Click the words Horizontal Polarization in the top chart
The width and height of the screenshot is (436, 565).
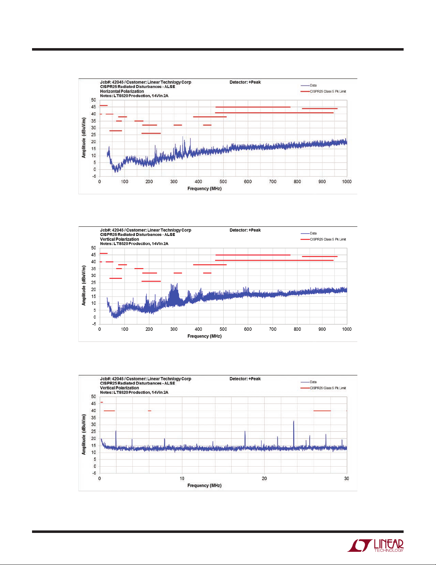click(x=122, y=91)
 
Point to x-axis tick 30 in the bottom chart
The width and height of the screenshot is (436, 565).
click(x=346, y=478)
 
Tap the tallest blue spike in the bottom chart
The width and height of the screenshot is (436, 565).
click(x=294, y=422)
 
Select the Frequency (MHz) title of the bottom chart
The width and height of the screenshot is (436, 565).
click(x=204, y=486)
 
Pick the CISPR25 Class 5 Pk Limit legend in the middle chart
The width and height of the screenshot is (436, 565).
click(x=327, y=239)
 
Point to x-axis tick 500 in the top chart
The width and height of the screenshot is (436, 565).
click(x=223, y=181)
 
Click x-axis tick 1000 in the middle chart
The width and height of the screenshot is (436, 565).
click(x=346, y=329)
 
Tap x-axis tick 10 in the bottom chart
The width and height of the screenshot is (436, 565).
click(x=182, y=478)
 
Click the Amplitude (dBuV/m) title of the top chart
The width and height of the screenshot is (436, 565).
click(x=84, y=138)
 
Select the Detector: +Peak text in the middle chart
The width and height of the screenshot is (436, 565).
click(x=245, y=230)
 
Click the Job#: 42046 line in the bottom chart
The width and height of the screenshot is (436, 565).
click(x=145, y=379)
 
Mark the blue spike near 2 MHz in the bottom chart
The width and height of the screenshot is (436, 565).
click(x=116, y=432)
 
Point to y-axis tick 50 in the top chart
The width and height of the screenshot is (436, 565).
click(x=94, y=100)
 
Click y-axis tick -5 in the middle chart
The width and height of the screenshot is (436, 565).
click(x=94, y=324)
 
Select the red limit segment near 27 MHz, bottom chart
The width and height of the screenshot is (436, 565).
click(x=322, y=411)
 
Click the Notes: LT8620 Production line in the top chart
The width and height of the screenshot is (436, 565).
click(x=134, y=96)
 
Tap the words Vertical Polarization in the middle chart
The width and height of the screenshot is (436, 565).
click(x=119, y=239)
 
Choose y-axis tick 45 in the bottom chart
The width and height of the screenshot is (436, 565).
click(x=94, y=404)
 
